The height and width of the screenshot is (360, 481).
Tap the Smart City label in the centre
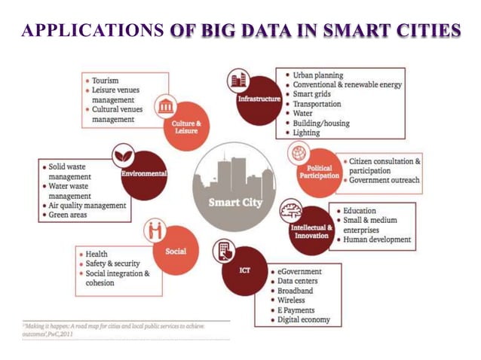point(234,202)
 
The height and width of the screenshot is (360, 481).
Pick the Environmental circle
point(143,175)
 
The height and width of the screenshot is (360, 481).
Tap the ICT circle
point(244,270)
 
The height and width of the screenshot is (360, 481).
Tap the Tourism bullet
point(105,80)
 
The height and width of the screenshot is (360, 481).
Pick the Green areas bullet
point(69,215)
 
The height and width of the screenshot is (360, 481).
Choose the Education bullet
point(359,211)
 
